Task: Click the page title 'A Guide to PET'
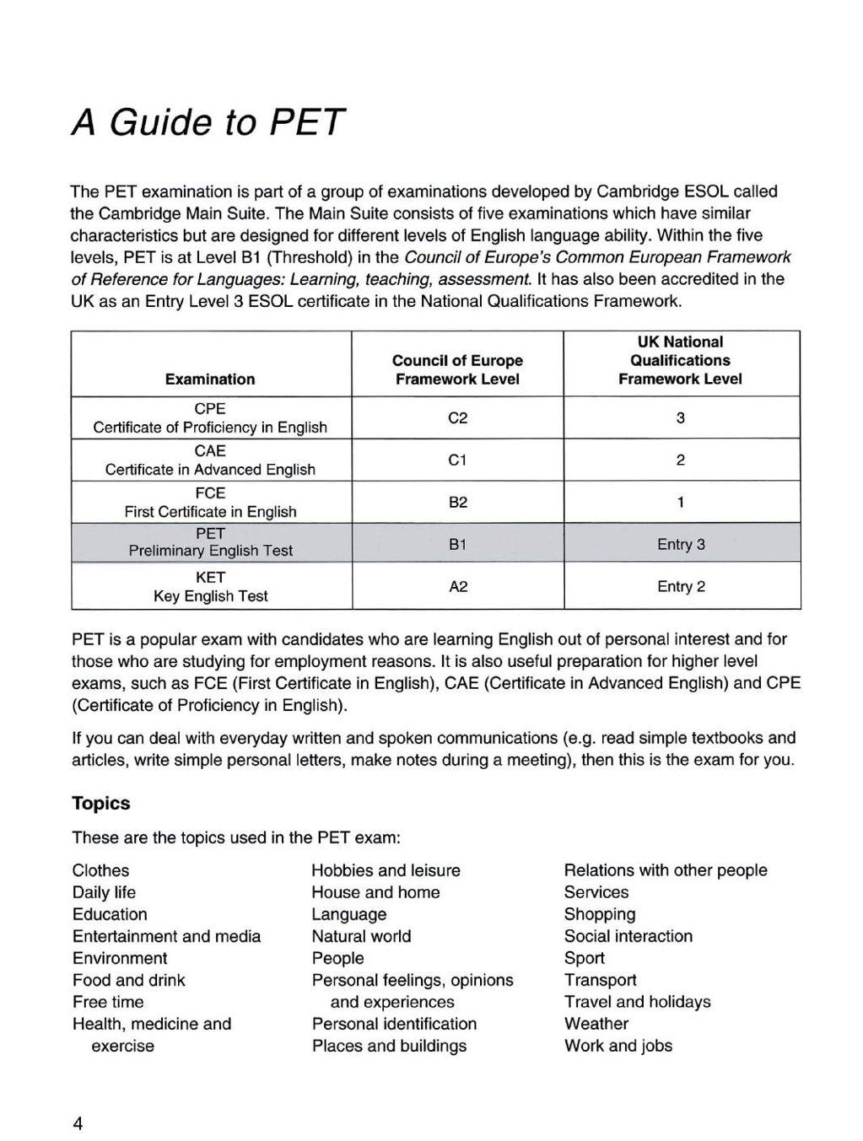coord(208,122)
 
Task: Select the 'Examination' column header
coord(210,379)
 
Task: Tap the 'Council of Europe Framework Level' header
coord(457,370)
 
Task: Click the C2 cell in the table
coord(457,418)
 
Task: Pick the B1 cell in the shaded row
coord(457,545)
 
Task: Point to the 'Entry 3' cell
coord(681,545)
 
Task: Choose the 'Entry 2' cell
coord(681,587)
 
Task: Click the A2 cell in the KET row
coord(457,587)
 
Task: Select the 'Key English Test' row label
coord(210,596)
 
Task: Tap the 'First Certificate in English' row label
coord(210,512)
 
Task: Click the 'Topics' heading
coord(101,803)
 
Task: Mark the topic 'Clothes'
coord(101,870)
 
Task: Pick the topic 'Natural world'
coord(361,936)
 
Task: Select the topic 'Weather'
coord(596,1024)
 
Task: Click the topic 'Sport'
coord(585,958)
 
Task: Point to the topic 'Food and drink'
coord(128,980)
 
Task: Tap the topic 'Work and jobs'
coord(618,1046)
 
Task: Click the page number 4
coord(78,1123)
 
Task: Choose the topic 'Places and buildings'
coord(389,1046)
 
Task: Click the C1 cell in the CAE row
coord(457,460)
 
